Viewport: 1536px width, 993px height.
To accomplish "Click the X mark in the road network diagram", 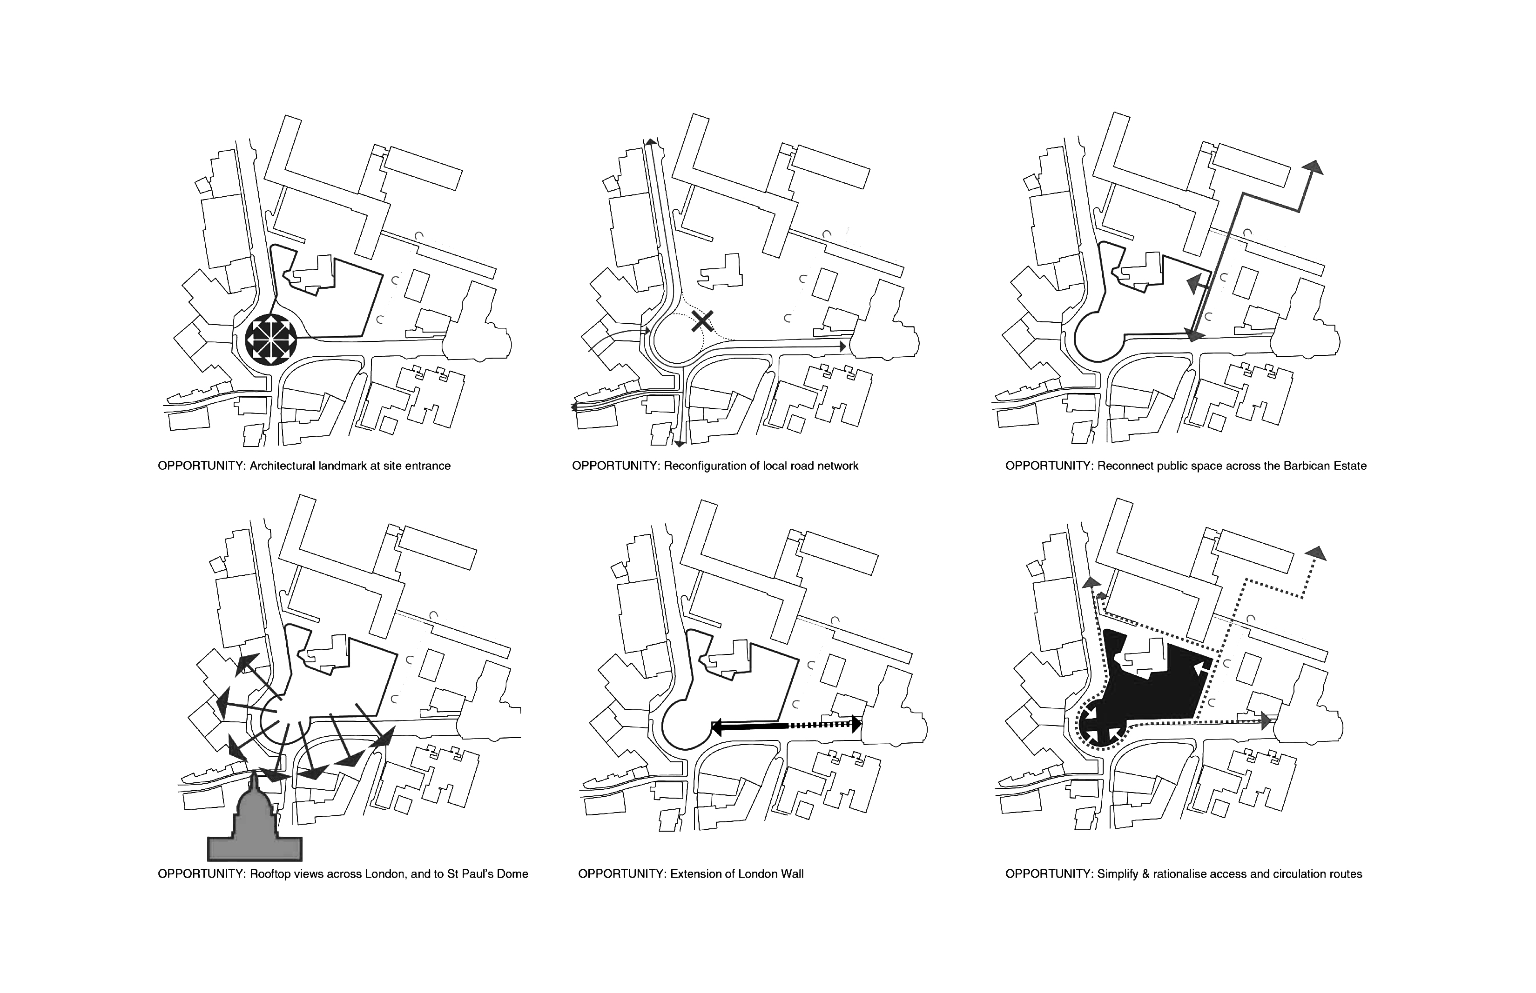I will tap(702, 320).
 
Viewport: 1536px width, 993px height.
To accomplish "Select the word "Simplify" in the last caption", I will tap(1118, 874).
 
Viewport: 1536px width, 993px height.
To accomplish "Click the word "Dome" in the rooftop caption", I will tap(512, 874).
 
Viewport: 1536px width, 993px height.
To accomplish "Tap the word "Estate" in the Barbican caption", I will tap(1348, 466).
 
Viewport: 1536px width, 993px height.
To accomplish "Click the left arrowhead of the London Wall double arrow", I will tap(716, 727).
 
